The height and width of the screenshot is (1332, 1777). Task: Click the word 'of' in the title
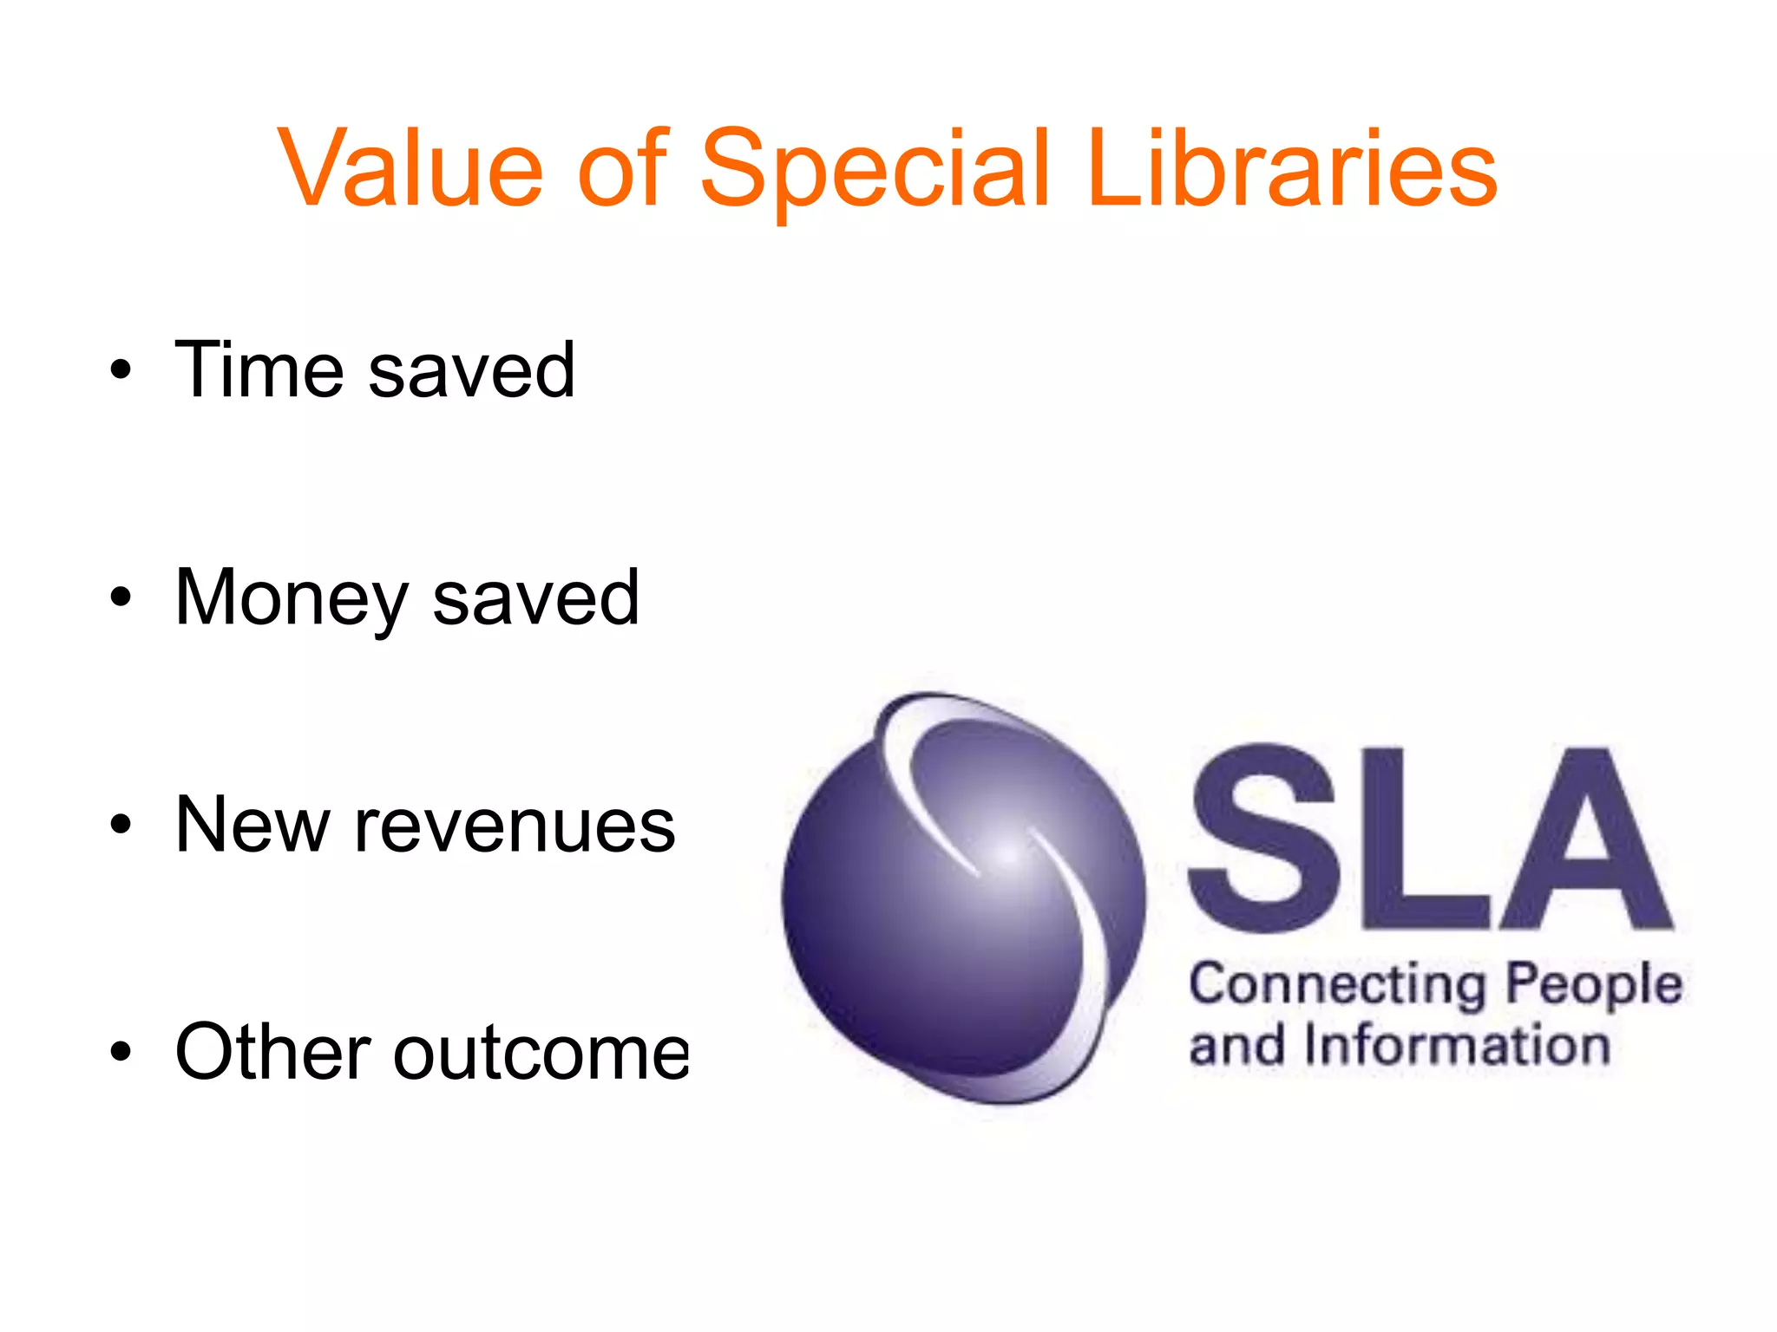click(622, 168)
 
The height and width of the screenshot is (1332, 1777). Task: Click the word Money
click(292, 598)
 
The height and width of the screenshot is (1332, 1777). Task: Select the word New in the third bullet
click(252, 826)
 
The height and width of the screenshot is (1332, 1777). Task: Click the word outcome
click(542, 1054)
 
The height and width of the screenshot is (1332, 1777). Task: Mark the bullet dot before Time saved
click(121, 371)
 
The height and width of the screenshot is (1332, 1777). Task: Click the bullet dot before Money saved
click(121, 598)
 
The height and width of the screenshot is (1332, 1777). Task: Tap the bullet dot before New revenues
click(121, 826)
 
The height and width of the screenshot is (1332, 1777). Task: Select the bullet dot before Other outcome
click(121, 1053)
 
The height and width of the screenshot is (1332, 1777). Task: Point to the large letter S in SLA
click(1262, 837)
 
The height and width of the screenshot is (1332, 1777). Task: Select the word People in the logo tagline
click(1594, 986)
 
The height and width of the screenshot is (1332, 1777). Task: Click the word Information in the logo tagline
click(1457, 1046)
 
